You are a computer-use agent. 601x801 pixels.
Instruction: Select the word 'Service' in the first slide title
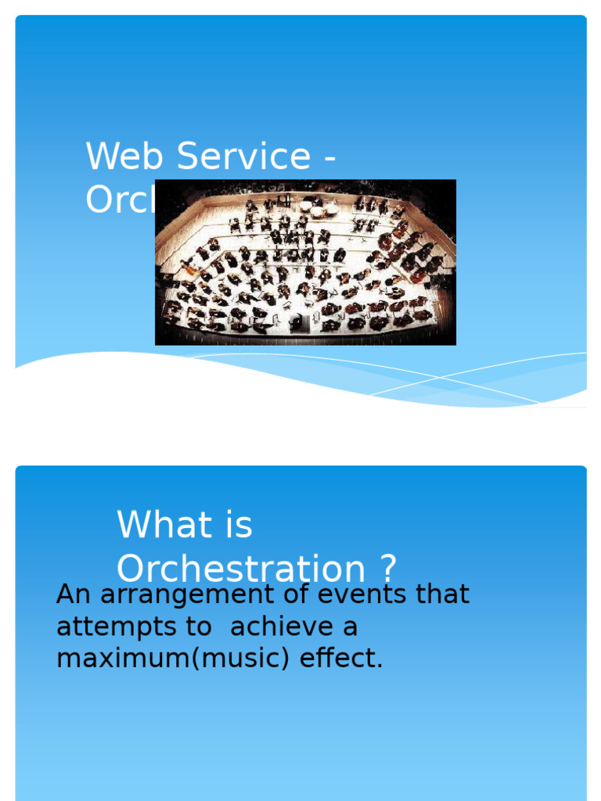click(x=243, y=156)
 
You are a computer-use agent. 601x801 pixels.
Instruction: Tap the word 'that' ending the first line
click(x=443, y=594)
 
